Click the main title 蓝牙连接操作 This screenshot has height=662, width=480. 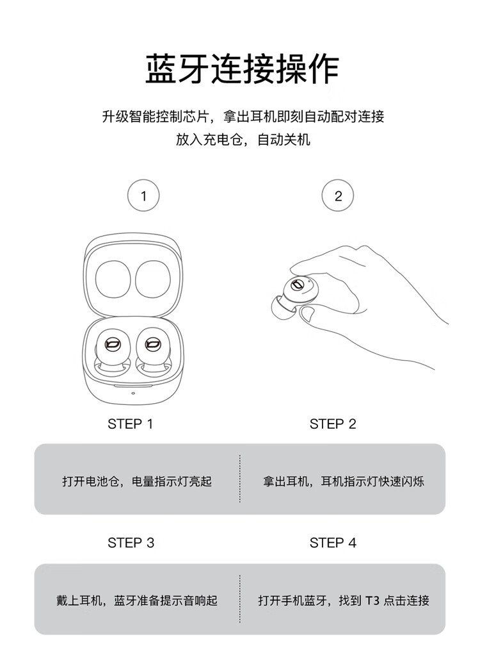tap(242, 69)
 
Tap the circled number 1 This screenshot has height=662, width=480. tap(143, 196)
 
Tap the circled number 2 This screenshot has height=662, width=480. tap(338, 195)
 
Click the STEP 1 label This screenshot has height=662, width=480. tap(131, 424)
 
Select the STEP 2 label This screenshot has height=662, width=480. tap(333, 424)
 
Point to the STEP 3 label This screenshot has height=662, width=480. tap(131, 543)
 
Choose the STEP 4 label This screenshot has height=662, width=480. tap(333, 543)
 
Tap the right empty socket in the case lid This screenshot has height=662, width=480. tap(153, 279)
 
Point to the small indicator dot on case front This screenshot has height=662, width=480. tap(133, 393)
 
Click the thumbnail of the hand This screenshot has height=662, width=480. tap(307, 313)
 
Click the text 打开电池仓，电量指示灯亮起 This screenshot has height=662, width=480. tap(137, 481)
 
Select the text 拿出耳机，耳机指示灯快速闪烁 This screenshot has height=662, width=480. tap(343, 481)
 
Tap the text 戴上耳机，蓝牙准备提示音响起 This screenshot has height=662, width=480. tap(137, 600)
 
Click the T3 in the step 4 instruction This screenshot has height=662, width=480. tap(372, 600)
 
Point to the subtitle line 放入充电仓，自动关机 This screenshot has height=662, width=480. tap(243, 139)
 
